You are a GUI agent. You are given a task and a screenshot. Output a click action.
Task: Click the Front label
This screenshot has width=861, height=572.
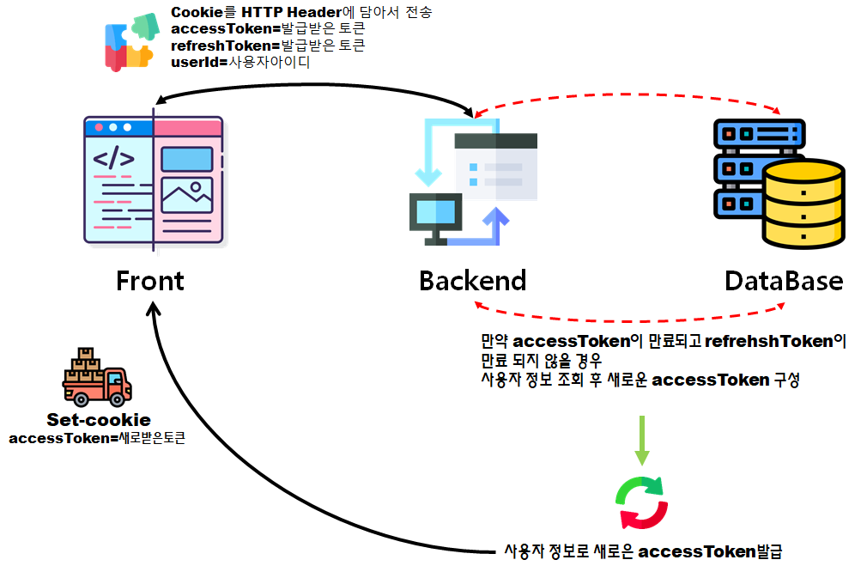(x=150, y=281)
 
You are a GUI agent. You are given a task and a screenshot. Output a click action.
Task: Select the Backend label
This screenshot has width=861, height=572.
(x=472, y=281)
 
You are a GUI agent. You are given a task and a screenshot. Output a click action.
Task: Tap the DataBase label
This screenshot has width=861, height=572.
(x=783, y=281)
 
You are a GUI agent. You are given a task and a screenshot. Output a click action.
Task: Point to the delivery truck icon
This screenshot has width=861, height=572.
(x=97, y=379)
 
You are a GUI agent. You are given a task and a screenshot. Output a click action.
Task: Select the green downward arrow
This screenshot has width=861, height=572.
(x=641, y=440)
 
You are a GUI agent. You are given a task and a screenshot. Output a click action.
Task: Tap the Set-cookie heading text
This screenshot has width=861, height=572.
(x=99, y=420)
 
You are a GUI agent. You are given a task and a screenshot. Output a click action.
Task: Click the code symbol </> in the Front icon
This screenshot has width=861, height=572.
(x=113, y=160)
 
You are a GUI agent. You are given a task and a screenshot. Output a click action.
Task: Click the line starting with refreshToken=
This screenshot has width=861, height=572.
(x=269, y=46)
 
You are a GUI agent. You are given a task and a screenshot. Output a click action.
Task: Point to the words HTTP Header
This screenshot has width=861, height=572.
(x=287, y=13)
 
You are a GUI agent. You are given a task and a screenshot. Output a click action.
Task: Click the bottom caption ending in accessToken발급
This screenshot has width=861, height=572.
(x=643, y=551)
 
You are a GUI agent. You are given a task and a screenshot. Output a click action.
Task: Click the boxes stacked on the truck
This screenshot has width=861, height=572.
(x=86, y=361)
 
